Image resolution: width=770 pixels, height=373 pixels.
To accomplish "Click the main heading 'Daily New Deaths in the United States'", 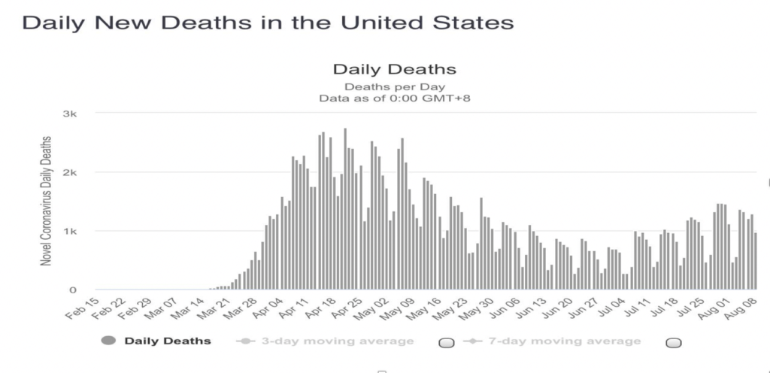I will [x=268, y=23].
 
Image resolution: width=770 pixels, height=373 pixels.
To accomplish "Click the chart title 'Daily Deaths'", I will [x=394, y=70].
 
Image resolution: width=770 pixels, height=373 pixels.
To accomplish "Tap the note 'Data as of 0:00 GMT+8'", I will [x=394, y=98].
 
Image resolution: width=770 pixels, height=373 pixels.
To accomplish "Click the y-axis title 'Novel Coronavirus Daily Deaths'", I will [x=47, y=200].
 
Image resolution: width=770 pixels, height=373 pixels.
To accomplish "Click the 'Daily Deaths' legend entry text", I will [x=168, y=341].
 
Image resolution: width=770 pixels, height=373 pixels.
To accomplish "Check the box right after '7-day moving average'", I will [x=674, y=343].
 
